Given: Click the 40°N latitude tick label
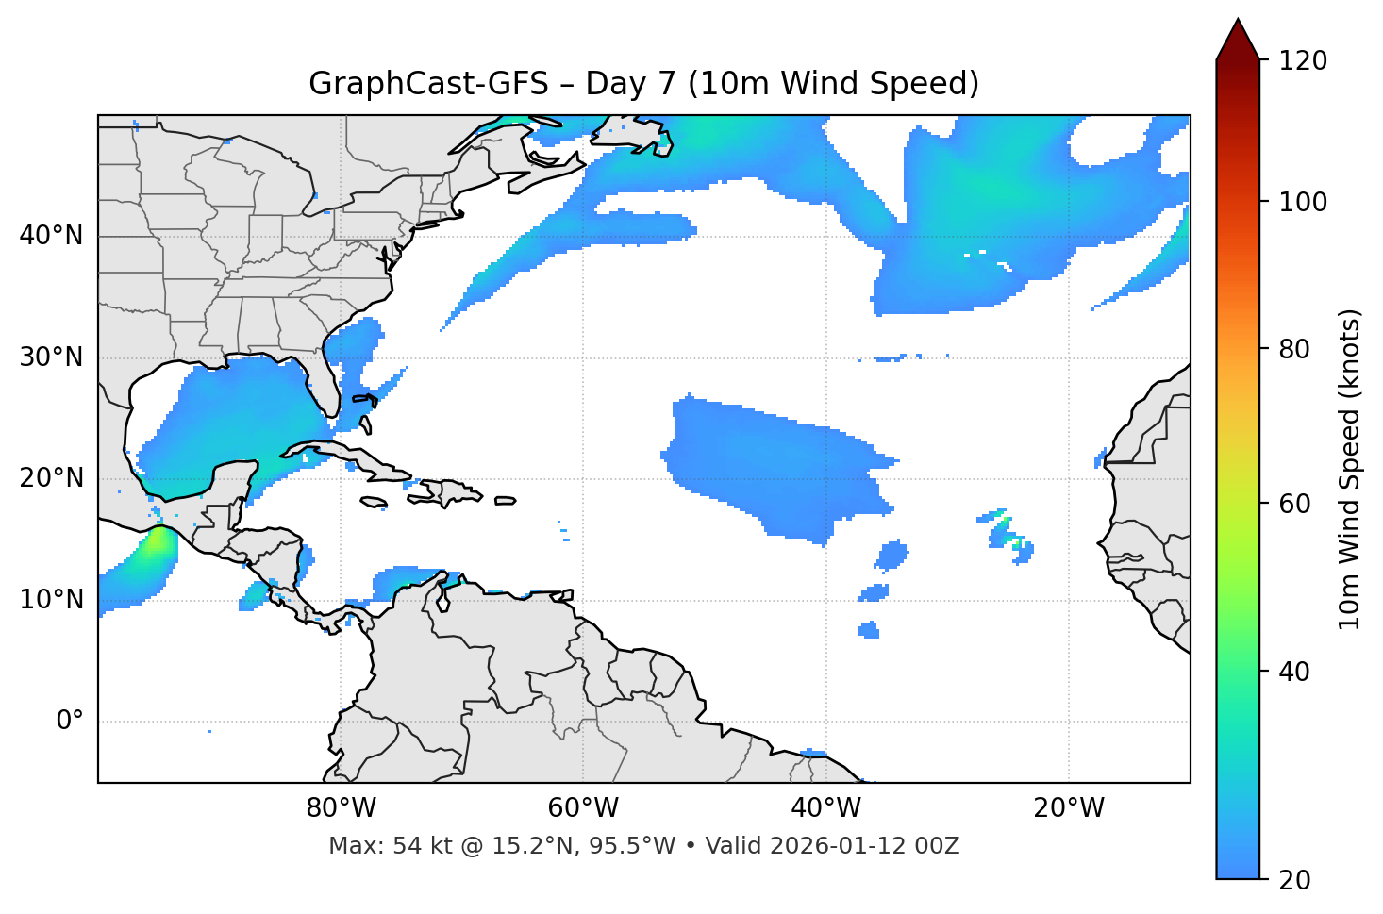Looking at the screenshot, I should coord(51,236).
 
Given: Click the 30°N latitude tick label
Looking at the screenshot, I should coord(51,357).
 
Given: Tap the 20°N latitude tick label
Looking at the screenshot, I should coord(51,478).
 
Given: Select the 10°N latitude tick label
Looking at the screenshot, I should coord(51,600).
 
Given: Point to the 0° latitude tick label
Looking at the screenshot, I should coord(69,722).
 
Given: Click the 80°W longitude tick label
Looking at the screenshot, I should coord(341,808).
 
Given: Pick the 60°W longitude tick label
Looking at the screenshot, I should coord(583,808).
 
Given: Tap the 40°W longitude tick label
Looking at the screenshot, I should coord(825,808).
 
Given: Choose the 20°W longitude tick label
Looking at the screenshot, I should coord(1069,808).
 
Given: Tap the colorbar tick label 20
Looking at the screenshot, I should coord(1295,880).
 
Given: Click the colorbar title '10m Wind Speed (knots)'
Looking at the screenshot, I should coord(1350,469).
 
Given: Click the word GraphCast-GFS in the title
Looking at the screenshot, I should coord(428,84).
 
